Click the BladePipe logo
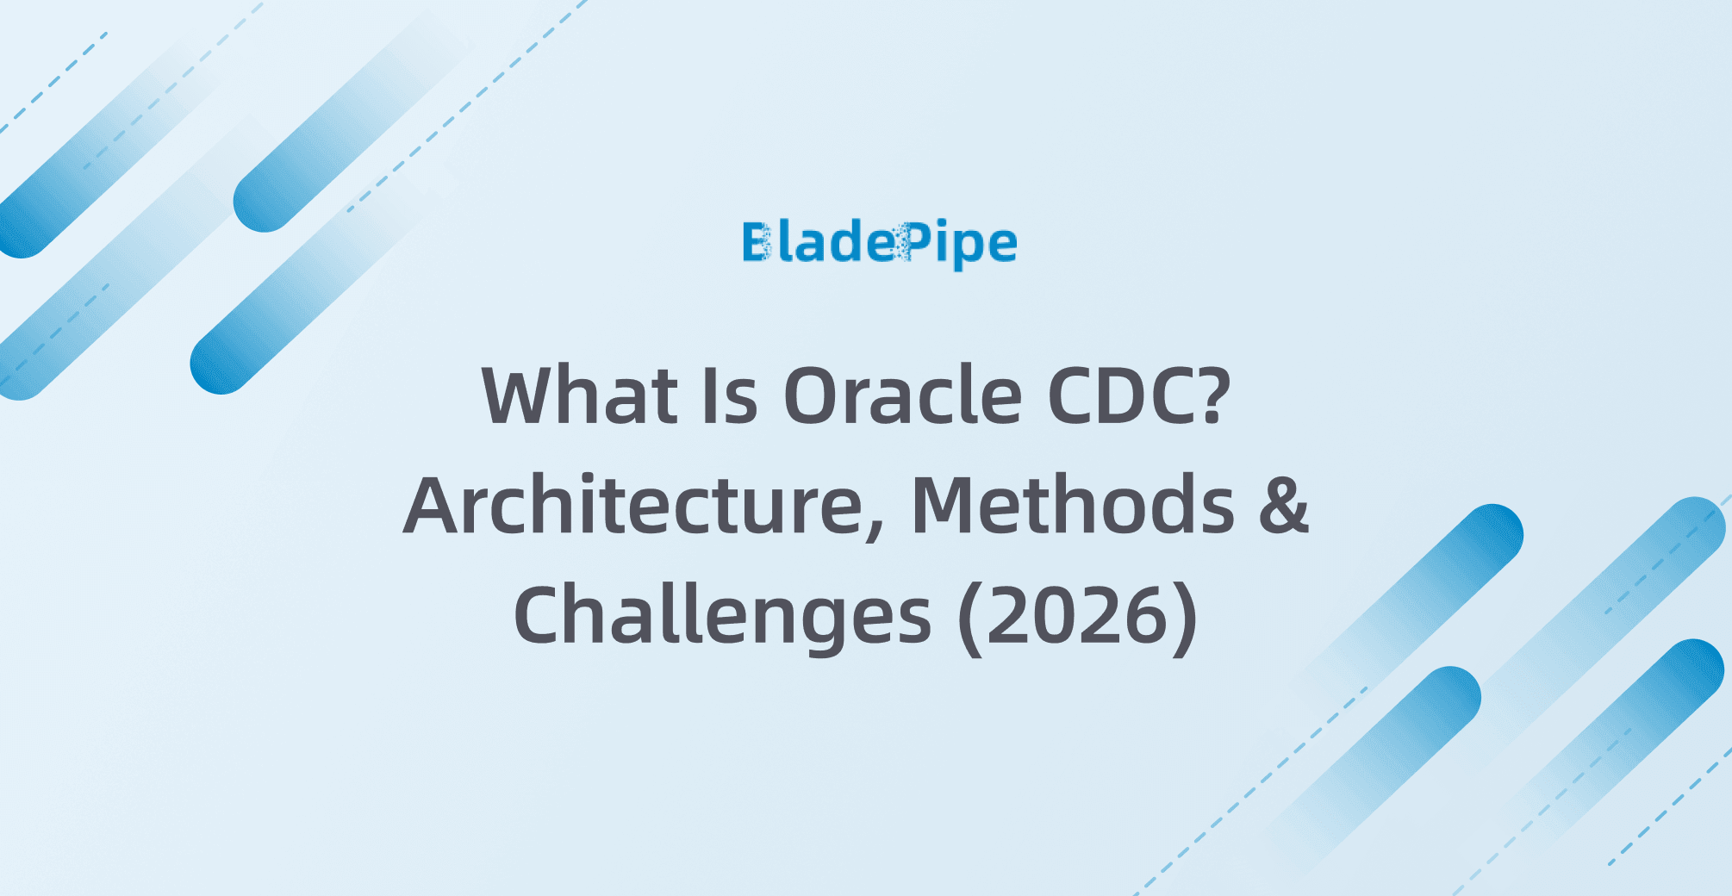(880, 245)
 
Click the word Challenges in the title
(722, 617)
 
